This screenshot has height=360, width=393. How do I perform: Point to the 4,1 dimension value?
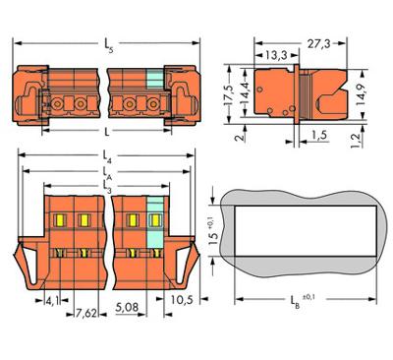pos(52,303)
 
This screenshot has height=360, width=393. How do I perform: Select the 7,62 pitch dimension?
pos(86,316)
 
